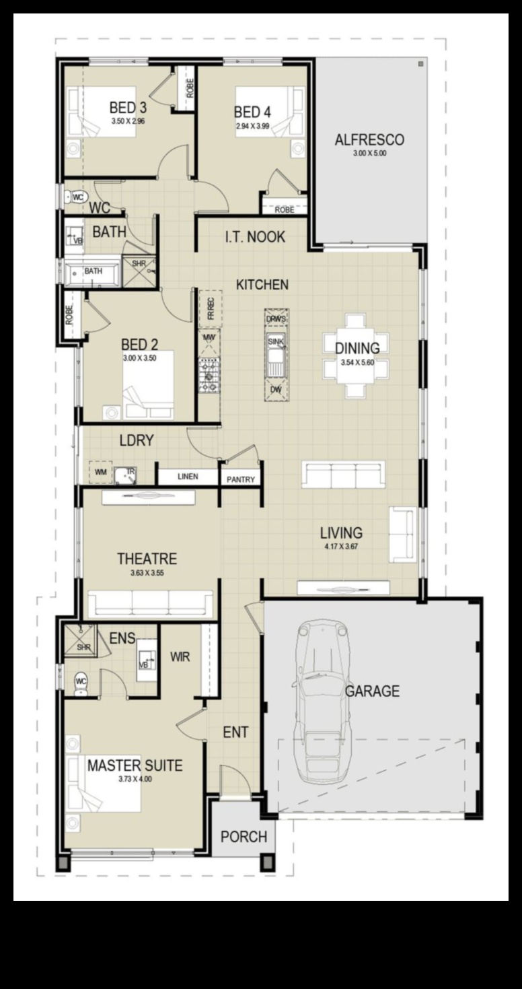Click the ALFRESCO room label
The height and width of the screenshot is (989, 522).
tap(369, 139)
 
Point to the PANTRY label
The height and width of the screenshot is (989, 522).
tap(240, 479)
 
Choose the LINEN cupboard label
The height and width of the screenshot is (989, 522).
tap(188, 477)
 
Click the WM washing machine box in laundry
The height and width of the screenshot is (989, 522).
tap(101, 473)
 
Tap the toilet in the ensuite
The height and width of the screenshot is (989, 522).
tap(81, 684)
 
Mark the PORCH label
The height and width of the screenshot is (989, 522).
tap(244, 836)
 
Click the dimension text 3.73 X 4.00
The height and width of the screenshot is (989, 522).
tap(135, 779)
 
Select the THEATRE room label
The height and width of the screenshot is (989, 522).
tap(147, 559)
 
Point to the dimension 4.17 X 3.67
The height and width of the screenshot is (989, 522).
tap(342, 546)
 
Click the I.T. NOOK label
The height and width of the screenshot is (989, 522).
tap(256, 237)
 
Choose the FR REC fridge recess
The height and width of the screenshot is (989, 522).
tap(210, 308)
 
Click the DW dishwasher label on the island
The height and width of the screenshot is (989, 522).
tap(276, 389)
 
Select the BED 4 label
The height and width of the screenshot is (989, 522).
tap(252, 112)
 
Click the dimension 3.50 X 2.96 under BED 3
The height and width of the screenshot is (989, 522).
tap(128, 121)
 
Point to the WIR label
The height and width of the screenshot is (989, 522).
tap(180, 656)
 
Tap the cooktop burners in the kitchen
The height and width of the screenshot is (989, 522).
tap(209, 375)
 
